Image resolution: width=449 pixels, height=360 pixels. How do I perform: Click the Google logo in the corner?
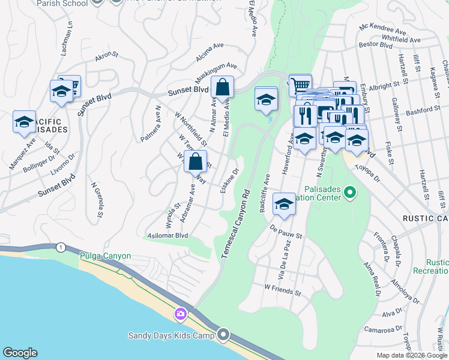pos(20,353)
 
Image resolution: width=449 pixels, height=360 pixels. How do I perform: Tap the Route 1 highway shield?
pos(60,247)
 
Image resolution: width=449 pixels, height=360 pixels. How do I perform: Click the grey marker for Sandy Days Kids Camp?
pos(224,334)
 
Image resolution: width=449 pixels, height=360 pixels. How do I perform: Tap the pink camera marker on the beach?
pos(181,314)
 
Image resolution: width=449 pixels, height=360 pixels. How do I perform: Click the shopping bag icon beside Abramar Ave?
pos(195,161)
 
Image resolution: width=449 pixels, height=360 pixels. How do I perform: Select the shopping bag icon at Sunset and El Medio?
pos(222,88)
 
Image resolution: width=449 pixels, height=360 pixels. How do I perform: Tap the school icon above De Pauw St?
pos(284,204)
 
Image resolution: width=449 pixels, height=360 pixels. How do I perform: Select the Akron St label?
pos(106,56)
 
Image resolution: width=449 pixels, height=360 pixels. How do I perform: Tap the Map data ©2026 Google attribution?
pos(411,355)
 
